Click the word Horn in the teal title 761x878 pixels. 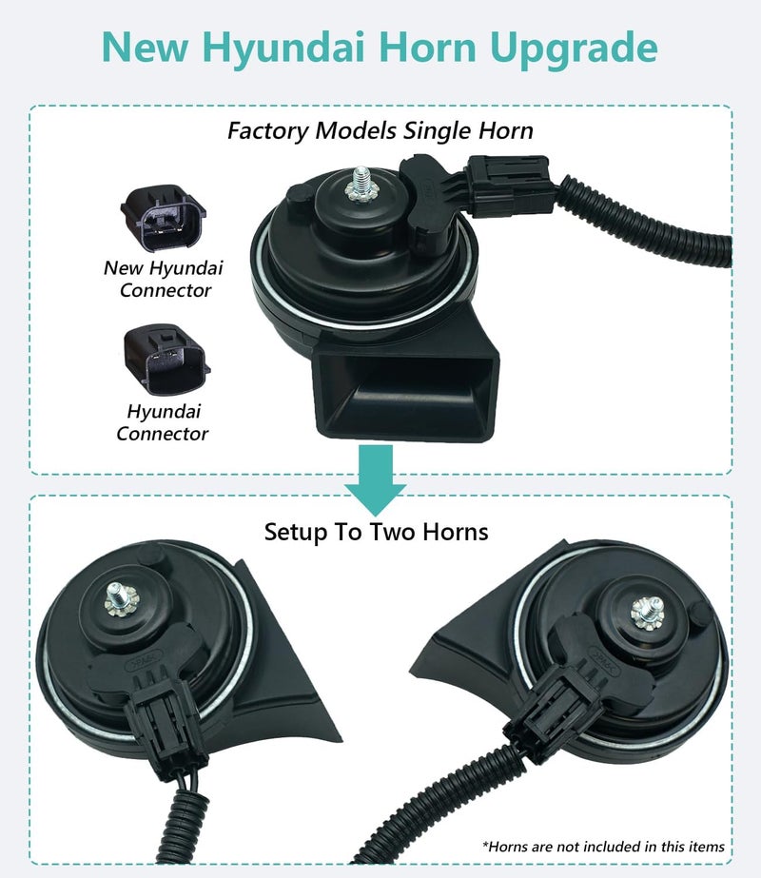427,47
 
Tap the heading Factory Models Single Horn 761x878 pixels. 380,130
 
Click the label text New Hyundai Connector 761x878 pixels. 163,279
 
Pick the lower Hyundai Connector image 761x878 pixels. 166,360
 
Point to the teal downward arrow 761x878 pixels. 375,479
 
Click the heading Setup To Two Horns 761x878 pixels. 377,532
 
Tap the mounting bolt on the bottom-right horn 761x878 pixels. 648,613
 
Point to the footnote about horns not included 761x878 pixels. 604,846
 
